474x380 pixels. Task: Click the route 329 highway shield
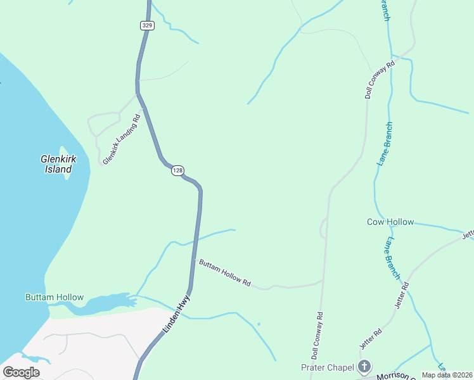pos(147,25)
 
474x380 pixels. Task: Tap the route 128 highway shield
pos(177,171)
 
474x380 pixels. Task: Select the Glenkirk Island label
pos(58,164)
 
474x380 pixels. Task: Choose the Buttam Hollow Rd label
pos(225,273)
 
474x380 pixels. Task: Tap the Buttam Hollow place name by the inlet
pos(54,297)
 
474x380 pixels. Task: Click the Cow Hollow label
pos(390,222)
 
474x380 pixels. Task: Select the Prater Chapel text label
pos(326,367)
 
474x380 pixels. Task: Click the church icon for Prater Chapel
pos(364,366)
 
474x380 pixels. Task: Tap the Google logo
pos(21,372)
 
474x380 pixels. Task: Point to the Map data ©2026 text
pos(447,375)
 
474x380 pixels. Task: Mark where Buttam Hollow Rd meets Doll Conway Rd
pos(324,280)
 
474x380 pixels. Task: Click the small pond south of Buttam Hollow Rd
pos(259,325)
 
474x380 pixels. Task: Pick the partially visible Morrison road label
pos(393,376)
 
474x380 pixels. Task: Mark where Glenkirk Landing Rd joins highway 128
pos(138,94)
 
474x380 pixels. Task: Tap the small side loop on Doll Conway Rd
pos(323,227)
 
